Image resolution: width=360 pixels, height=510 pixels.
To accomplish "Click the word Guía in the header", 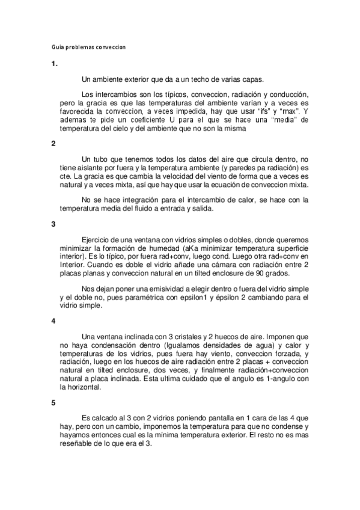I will point(55,46).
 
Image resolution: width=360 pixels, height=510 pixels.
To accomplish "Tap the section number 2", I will point(53,143).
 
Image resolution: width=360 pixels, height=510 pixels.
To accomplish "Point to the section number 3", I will point(53,224).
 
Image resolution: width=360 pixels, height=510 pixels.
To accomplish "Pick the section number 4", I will point(53,321).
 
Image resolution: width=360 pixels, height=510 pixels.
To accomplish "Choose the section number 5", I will point(53,402).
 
